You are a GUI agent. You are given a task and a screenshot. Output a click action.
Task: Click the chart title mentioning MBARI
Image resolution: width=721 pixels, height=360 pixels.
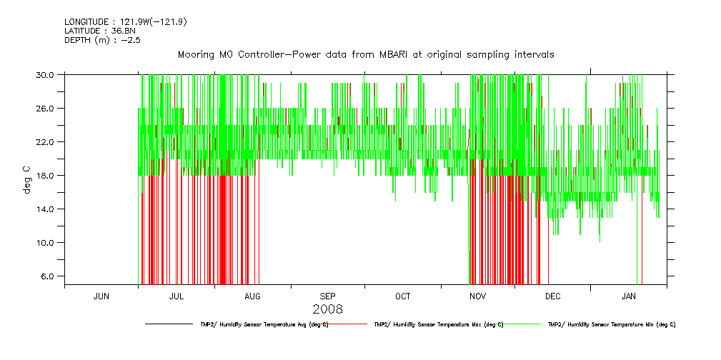click(x=366, y=55)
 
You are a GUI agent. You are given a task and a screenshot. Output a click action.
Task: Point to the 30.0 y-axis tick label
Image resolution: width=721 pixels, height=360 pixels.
click(x=46, y=74)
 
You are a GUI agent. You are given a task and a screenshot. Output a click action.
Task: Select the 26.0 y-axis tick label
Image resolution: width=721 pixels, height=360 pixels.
click(x=46, y=108)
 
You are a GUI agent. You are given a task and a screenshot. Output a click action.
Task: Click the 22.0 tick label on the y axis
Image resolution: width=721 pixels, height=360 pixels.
click(x=46, y=141)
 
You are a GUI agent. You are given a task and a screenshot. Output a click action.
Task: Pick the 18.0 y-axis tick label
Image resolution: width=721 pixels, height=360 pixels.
click(x=46, y=175)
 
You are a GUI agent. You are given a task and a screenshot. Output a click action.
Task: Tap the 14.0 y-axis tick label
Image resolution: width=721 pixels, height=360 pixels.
click(x=46, y=209)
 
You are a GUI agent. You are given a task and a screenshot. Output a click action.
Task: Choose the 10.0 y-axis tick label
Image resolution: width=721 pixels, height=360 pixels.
click(x=46, y=242)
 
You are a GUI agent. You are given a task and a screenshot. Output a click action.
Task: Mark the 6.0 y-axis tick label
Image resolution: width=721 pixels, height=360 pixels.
click(x=49, y=276)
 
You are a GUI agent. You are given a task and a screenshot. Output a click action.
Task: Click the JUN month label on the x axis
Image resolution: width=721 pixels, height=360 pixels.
click(x=101, y=296)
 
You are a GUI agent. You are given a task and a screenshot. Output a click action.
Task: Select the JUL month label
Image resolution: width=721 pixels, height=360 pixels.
click(x=176, y=296)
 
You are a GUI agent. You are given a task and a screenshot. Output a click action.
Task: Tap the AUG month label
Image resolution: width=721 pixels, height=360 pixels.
click(x=252, y=296)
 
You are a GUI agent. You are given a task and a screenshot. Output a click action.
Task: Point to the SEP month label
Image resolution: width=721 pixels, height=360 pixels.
click(x=327, y=296)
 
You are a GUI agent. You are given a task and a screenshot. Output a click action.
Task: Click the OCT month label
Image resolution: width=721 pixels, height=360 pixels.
click(x=403, y=296)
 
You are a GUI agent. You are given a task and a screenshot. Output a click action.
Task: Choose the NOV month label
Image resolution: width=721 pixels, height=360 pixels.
click(x=478, y=296)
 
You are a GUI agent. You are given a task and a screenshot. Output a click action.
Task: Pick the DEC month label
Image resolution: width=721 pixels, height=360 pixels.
click(x=553, y=296)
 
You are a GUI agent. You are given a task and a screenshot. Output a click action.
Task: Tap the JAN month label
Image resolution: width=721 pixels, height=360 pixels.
click(x=629, y=296)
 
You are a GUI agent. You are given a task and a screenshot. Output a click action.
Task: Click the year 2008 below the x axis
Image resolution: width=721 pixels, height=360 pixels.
click(x=328, y=309)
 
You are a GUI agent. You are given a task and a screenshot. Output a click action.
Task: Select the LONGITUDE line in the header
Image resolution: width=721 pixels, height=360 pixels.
click(x=126, y=21)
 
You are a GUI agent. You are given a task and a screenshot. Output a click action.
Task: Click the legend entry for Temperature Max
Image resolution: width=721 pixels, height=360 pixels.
click(x=438, y=324)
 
